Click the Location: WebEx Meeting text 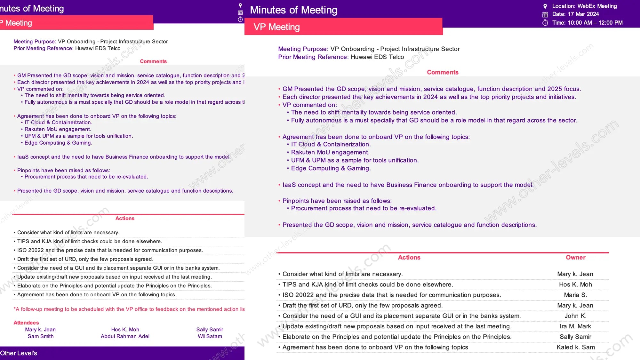pyautogui.click(x=584, y=6)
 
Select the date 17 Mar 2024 pyautogui.click(x=583, y=14)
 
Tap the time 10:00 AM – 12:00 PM pyautogui.click(x=595, y=23)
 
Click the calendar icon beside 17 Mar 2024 pyautogui.click(x=545, y=14)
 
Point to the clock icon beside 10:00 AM pyautogui.click(x=545, y=23)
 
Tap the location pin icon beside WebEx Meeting pyautogui.click(x=545, y=6)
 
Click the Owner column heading pyautogui.click(x=575, y=257)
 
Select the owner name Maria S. pyautogui.click(x=575, y=295)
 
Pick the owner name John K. pyautogui.click(x=575, y=316)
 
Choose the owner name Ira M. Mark pyautogui.click(x=575, y=326)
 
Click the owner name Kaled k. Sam pyautogui.click(x=575, y=347)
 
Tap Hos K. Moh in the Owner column pyautogui.click(x=575, y=284)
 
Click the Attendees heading pyautogui.click(x=26, y=323)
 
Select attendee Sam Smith pyautogui.click(x=41, y=336)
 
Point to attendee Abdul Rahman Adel pyautogui.click(x=125, y=336)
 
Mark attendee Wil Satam pyautogui.click(x=210, y=336)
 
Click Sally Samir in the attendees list pyautogui.click(x=210, y=330)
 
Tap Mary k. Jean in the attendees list pyautogui.click(x=40, y=330)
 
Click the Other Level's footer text pyautogui.click(x=19, y=353)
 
